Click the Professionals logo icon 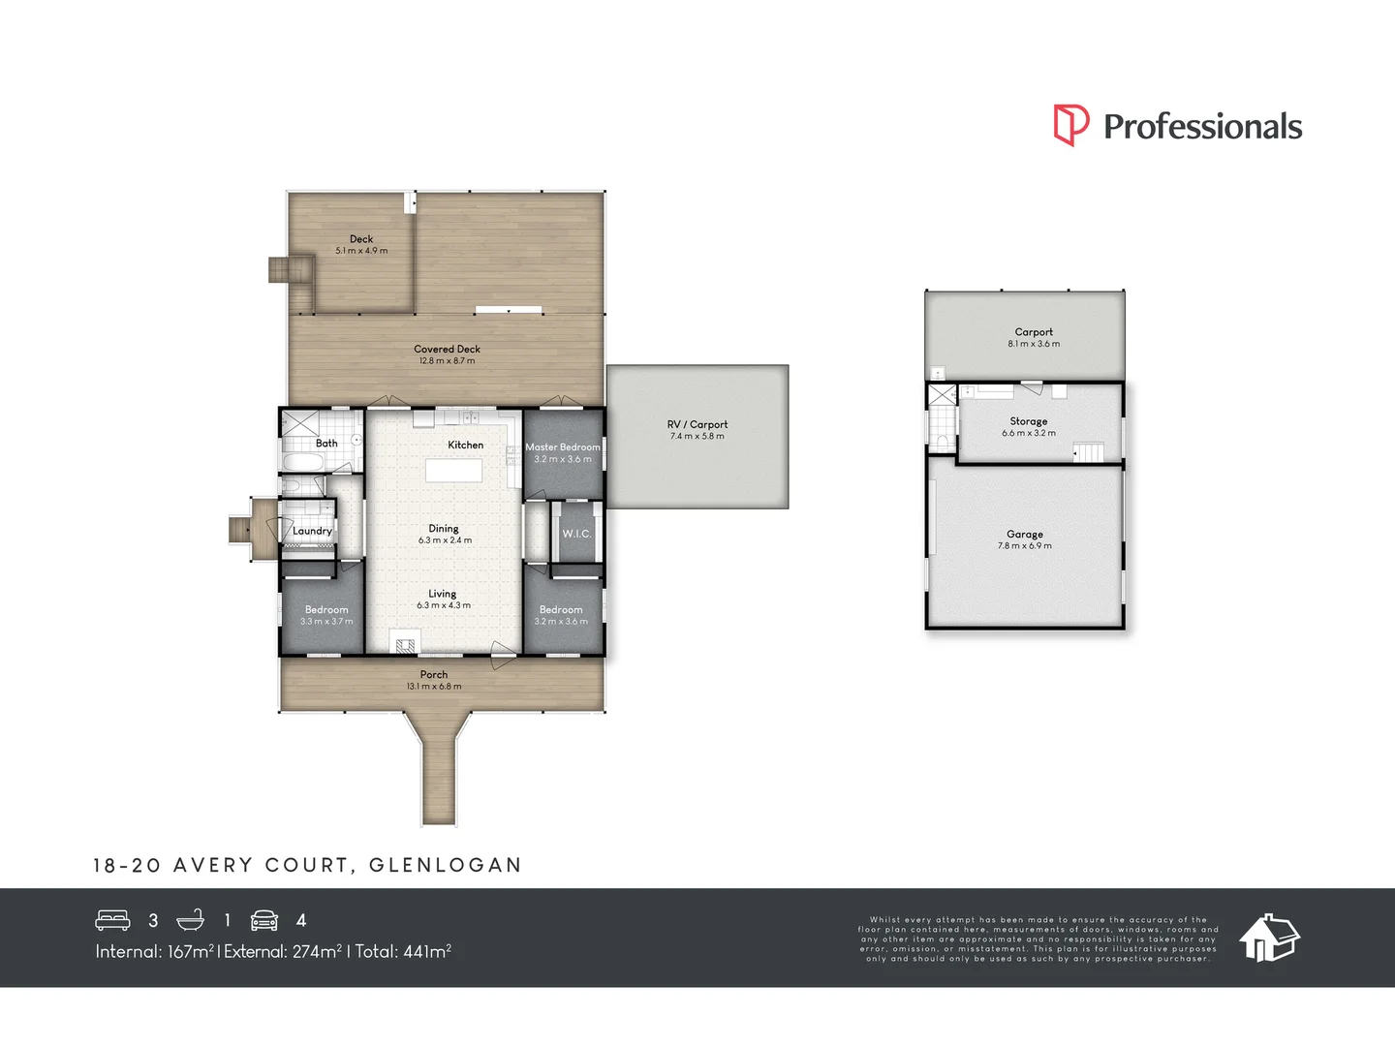(1071, 125)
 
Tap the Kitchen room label (465, 446)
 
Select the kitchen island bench (453, 471)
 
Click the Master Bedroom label (563, 447)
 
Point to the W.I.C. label (576, 534)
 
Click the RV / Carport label (697, 424)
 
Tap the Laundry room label (312, 531)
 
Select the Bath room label (326, 444)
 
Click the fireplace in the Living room (406, 644)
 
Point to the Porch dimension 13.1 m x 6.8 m (434, 687)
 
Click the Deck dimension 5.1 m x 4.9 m (361, 251)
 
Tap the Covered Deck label (447, 349)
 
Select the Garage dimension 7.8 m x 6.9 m (1024, 546)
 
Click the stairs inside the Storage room (1090, 451)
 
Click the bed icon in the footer (112, 920)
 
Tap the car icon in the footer (264, 920)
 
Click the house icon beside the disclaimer (1269, 937)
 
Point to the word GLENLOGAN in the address (446, 865)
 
